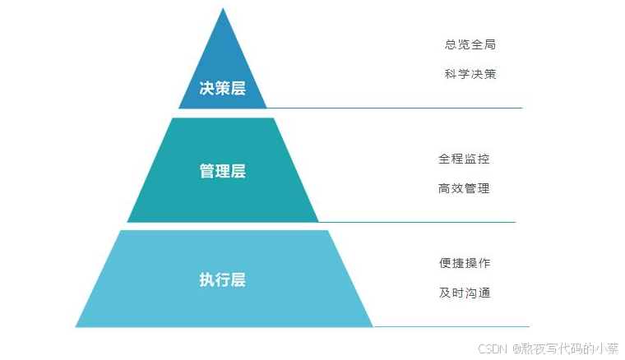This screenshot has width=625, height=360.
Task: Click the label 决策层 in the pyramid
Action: click(222, 89)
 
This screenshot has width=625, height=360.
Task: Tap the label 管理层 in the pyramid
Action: click(222, 172)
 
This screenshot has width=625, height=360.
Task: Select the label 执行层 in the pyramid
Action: click(222, 279)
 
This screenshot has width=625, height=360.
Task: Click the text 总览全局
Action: click(470, 44)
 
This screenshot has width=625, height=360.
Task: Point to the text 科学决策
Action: click(470, 74)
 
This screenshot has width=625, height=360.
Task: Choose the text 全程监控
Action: click(464, 159)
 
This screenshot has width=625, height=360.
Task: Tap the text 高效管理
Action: click(464, 188)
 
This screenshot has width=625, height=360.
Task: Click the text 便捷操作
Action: click(465, 263)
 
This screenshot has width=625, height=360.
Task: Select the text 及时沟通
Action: click(465, 293)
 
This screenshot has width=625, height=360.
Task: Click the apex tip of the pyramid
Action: click(222, 9)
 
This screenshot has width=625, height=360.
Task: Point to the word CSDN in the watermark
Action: click(493, 348)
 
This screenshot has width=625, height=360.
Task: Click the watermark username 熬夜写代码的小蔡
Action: click(571, 348)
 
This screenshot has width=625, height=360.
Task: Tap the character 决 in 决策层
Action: click(206, 89)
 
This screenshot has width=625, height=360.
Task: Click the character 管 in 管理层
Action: click(206, 172)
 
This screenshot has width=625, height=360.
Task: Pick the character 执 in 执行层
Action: click(206, 279)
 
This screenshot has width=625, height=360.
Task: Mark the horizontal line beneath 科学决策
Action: click(395, 108)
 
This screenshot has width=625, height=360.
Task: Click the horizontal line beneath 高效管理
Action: click(415, 222)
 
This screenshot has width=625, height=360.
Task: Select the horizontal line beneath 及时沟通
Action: click(451, 327)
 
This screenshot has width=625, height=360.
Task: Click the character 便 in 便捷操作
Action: click(445, 263)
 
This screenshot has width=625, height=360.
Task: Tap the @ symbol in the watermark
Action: click(516, 348)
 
